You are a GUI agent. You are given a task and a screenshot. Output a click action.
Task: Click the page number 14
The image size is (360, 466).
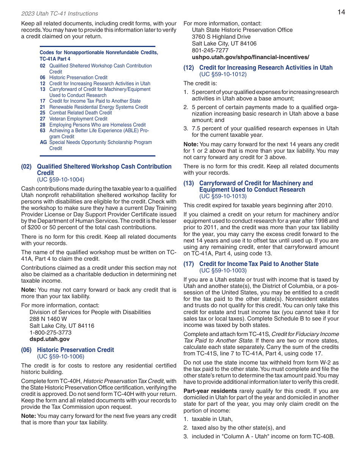(341, 12)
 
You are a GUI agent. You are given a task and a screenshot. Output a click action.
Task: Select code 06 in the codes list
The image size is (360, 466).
(42, 78)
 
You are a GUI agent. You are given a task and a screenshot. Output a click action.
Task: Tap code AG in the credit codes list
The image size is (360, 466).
(43, 142)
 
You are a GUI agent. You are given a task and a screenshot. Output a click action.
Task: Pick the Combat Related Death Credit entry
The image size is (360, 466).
(80, 113)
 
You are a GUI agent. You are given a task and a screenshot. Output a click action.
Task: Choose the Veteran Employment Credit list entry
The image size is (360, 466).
(78, 119)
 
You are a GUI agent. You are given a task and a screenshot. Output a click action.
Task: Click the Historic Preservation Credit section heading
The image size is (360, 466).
(75, 350)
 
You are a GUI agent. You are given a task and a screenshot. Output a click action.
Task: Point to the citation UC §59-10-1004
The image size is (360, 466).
(61, 180)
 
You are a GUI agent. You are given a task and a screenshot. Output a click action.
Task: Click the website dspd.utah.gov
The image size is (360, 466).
(50, 339)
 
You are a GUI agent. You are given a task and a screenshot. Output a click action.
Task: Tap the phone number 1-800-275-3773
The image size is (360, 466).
(50, 333)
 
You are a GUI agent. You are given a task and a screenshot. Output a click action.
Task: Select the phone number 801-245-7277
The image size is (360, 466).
(210, 50)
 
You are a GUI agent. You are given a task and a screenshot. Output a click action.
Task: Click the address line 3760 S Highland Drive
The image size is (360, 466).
(221, 37)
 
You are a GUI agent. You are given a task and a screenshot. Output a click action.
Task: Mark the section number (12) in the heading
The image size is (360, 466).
(189, 68)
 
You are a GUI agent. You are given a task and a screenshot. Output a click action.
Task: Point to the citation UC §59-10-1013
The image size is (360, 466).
(223, 196)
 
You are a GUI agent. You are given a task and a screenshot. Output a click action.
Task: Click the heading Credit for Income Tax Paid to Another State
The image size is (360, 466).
(259, 264)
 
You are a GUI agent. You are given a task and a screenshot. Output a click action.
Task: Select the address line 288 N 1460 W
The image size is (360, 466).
(48, 319)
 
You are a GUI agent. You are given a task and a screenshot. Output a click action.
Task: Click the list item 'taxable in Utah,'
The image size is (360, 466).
(212, 419)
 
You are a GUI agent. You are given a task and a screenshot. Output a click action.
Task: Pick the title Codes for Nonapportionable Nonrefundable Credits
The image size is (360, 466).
(99, 53)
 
